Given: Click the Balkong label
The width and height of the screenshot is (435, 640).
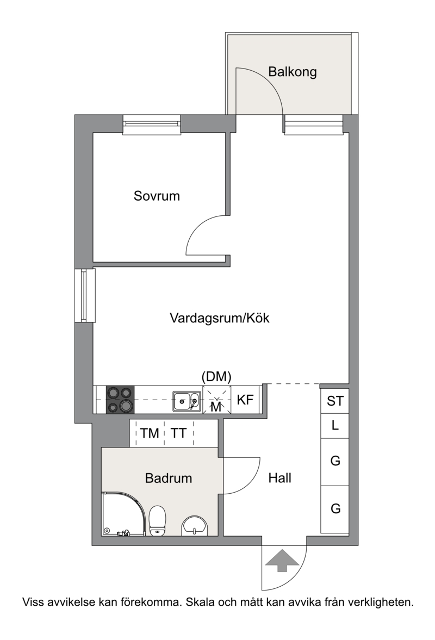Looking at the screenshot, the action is click(292, 72).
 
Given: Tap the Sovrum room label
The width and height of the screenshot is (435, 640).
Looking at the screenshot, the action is click(157, 196).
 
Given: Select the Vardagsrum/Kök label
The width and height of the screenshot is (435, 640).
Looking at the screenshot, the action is click(220, 318).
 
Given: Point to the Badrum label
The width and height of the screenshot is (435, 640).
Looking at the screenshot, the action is click(169, 478).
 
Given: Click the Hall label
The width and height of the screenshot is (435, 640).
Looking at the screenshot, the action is click(279, 478).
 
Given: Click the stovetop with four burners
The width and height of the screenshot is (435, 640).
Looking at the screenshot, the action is click(120, 400).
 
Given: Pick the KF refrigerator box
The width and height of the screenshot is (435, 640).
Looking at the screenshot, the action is click(246, 400).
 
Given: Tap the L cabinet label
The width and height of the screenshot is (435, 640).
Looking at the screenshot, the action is click(335, 425).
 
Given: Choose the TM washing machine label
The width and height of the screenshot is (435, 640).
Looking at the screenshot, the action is click(150, 433).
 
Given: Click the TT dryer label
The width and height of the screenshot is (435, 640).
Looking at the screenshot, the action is click(178, 433).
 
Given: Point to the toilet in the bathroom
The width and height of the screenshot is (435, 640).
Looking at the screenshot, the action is click(157, 521).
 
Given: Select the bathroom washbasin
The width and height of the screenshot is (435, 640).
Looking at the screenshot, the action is click(194, 525).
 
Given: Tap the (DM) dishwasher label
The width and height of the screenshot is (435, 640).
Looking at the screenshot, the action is click(216, 377).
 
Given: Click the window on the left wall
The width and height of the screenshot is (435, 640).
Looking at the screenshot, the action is click(84, 295).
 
